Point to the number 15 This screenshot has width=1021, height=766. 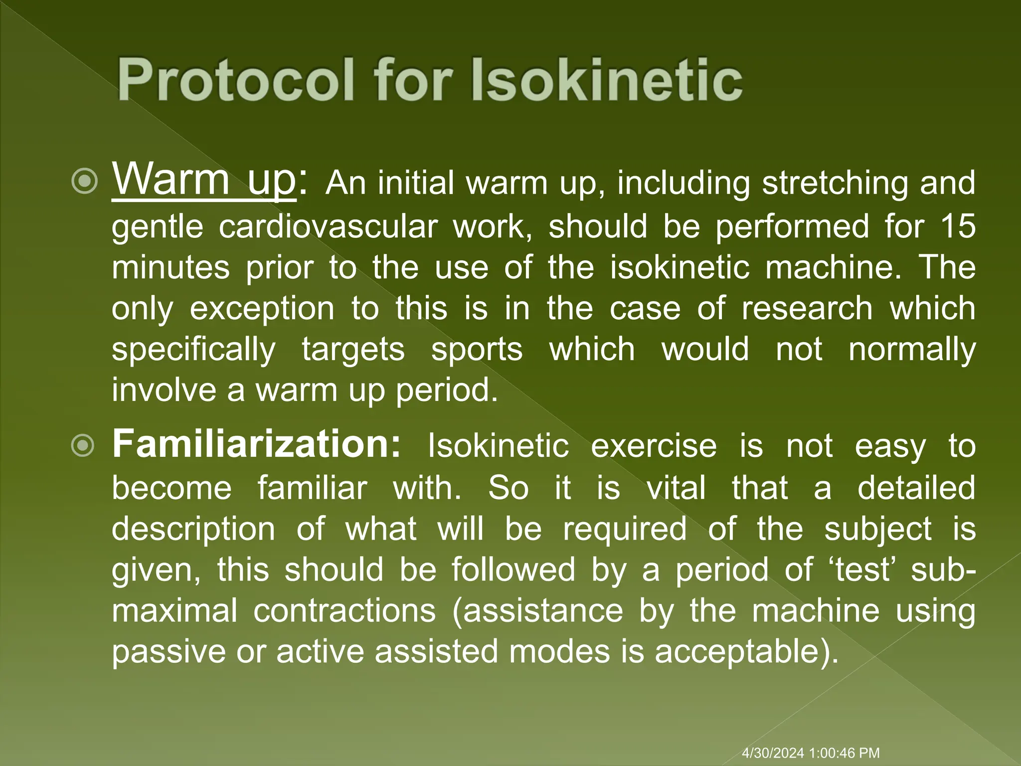[x=958, y=226]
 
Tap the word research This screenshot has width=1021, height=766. [x=807, y=308]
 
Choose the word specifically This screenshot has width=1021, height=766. [x=193, y=350]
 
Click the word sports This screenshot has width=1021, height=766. [x=477, y=349]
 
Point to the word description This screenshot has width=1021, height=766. [x=193, y=529]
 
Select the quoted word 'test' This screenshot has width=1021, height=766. [x=862, y=570]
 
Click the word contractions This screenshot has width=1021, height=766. [x=344, y=610]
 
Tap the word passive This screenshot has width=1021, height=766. [x=169, y=652]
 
